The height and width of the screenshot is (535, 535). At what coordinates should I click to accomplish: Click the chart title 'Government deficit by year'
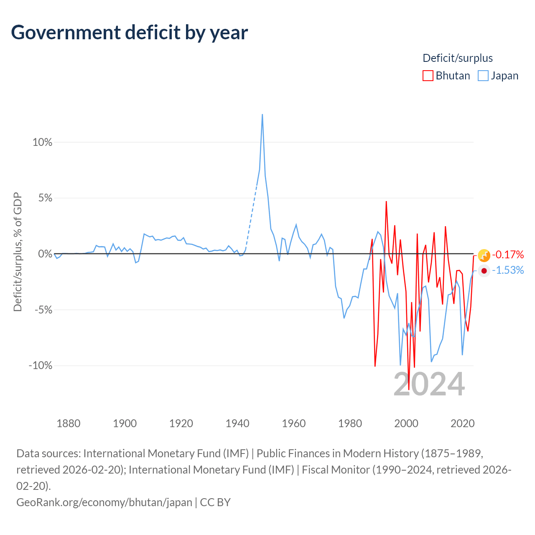[129, 33]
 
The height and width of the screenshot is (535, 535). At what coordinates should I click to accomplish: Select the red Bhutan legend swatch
[428, 76]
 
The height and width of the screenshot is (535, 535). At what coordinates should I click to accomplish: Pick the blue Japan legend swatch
[483, 76]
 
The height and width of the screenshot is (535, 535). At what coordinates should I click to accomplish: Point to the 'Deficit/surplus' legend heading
[457, 58]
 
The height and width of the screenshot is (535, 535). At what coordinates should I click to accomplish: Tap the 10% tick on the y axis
[43, 142]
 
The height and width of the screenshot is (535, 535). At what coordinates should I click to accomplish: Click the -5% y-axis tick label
[43, 310]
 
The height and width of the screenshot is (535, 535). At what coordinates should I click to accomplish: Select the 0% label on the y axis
[45, 254]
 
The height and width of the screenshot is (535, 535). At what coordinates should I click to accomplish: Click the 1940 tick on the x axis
[237, 424]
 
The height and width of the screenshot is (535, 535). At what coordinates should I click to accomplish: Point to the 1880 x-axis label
[68, 424]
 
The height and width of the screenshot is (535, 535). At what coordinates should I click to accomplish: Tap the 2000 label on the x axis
[406, 424]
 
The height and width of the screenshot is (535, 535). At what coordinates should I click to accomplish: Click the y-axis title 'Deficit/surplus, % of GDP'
[18, 252]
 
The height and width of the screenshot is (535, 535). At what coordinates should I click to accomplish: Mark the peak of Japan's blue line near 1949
[262, 115]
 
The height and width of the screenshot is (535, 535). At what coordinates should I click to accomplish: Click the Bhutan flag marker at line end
[484, 255]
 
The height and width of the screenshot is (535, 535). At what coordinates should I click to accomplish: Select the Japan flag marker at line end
[484, 271]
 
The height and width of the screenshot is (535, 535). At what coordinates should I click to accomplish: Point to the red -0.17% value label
[508, 255]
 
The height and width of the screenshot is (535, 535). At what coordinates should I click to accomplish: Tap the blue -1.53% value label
[508, 270]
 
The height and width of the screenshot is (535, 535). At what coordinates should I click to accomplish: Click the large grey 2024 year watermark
[429, 384]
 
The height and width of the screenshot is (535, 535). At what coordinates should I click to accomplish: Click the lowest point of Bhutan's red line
[408, 390]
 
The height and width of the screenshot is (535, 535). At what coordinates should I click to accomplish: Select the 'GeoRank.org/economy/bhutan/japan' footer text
[104, 502]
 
